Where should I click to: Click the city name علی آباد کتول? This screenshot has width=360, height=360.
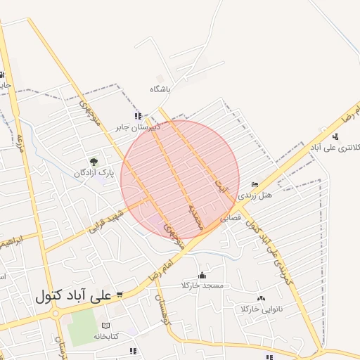pyautogui.click(x=73, y=297)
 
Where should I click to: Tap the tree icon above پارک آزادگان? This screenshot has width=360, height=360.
pyautogui.click(x=94, y=162)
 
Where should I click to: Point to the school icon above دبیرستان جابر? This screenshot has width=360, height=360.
pyautogui.click(x=138, y=116)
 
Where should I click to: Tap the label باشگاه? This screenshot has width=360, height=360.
pyautogui.click(x=160, y=90)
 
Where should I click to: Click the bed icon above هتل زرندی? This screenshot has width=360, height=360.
pyautogui.click(x=255, y=184)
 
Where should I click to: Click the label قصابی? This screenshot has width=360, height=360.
pyautogui.click(x=231, y=218)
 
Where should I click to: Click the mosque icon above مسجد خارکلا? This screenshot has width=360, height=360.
pyautogui.click(x=202, y=275)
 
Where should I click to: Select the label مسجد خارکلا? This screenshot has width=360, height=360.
pyautogui.click(x=202, y=285)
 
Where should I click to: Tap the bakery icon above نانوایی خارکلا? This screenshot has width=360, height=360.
pyautogui.click(x=261, y=298)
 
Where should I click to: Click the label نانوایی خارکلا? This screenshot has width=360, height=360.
pyautogui.click(x=260, y=309)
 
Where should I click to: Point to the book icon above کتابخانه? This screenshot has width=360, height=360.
pyautogui.click(x=105, y=326)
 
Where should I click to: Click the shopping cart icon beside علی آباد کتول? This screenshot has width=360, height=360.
pyautogui.click(x=120, y=295)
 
